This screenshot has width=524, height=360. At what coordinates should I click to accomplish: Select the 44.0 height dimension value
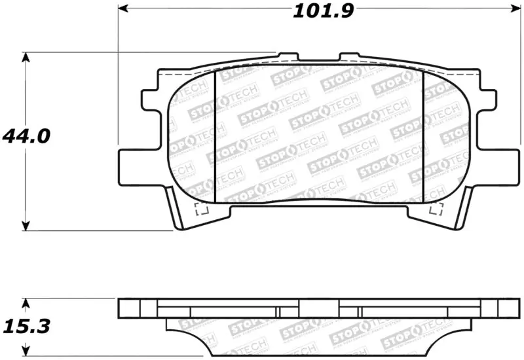26,136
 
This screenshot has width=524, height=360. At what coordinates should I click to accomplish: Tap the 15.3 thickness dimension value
26,325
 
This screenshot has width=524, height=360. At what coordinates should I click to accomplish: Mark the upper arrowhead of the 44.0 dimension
26,58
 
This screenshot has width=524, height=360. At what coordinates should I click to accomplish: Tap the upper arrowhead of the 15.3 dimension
26,304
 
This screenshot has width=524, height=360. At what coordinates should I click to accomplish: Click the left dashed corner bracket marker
202,209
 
